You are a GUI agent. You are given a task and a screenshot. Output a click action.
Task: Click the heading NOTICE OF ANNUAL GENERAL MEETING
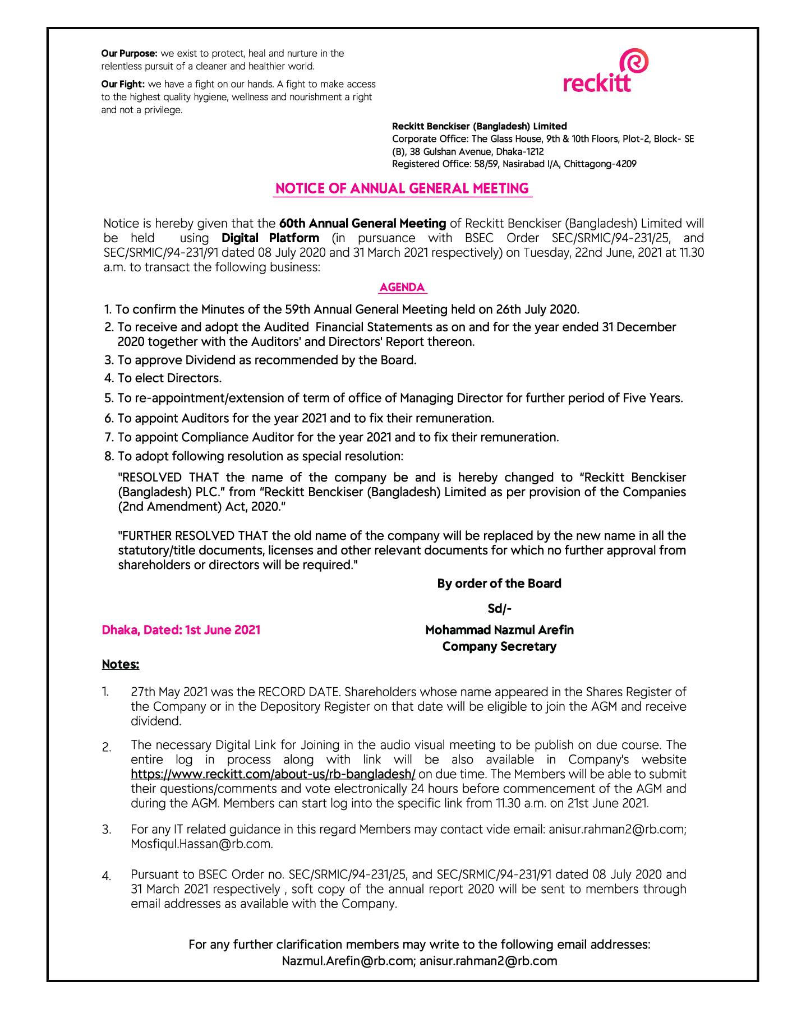click(402, 188)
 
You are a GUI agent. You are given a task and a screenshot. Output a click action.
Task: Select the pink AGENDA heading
click(402, 288)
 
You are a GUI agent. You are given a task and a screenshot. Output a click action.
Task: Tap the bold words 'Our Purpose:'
click(129, 54)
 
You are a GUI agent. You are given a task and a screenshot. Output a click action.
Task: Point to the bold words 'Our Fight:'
click(123, 84)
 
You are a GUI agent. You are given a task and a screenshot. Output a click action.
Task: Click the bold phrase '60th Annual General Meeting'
click(362, 224)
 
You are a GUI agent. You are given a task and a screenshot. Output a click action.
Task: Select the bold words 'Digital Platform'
click(270, 238)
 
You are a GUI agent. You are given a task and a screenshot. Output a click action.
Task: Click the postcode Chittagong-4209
click(600, 164)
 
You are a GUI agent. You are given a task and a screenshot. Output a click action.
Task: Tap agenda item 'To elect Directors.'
click(169, 378)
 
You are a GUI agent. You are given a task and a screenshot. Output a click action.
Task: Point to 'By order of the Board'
click(499, 584)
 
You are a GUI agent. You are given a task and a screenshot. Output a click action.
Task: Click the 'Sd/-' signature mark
click(499, 609)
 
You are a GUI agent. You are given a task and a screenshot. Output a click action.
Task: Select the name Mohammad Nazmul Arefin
click(499, 630)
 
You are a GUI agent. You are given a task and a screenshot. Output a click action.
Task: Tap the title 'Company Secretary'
click(499, 647)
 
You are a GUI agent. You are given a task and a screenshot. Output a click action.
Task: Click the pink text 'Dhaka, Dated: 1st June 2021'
click(181, 630)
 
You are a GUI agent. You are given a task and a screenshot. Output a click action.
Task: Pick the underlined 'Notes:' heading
click(121, 664)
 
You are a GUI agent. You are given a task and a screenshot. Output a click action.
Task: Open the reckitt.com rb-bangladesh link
click(273, 775)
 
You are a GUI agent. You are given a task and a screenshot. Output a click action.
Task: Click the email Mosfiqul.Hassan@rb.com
click(202, 844)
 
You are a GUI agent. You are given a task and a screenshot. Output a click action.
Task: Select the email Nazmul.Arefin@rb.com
click(348, 961)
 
